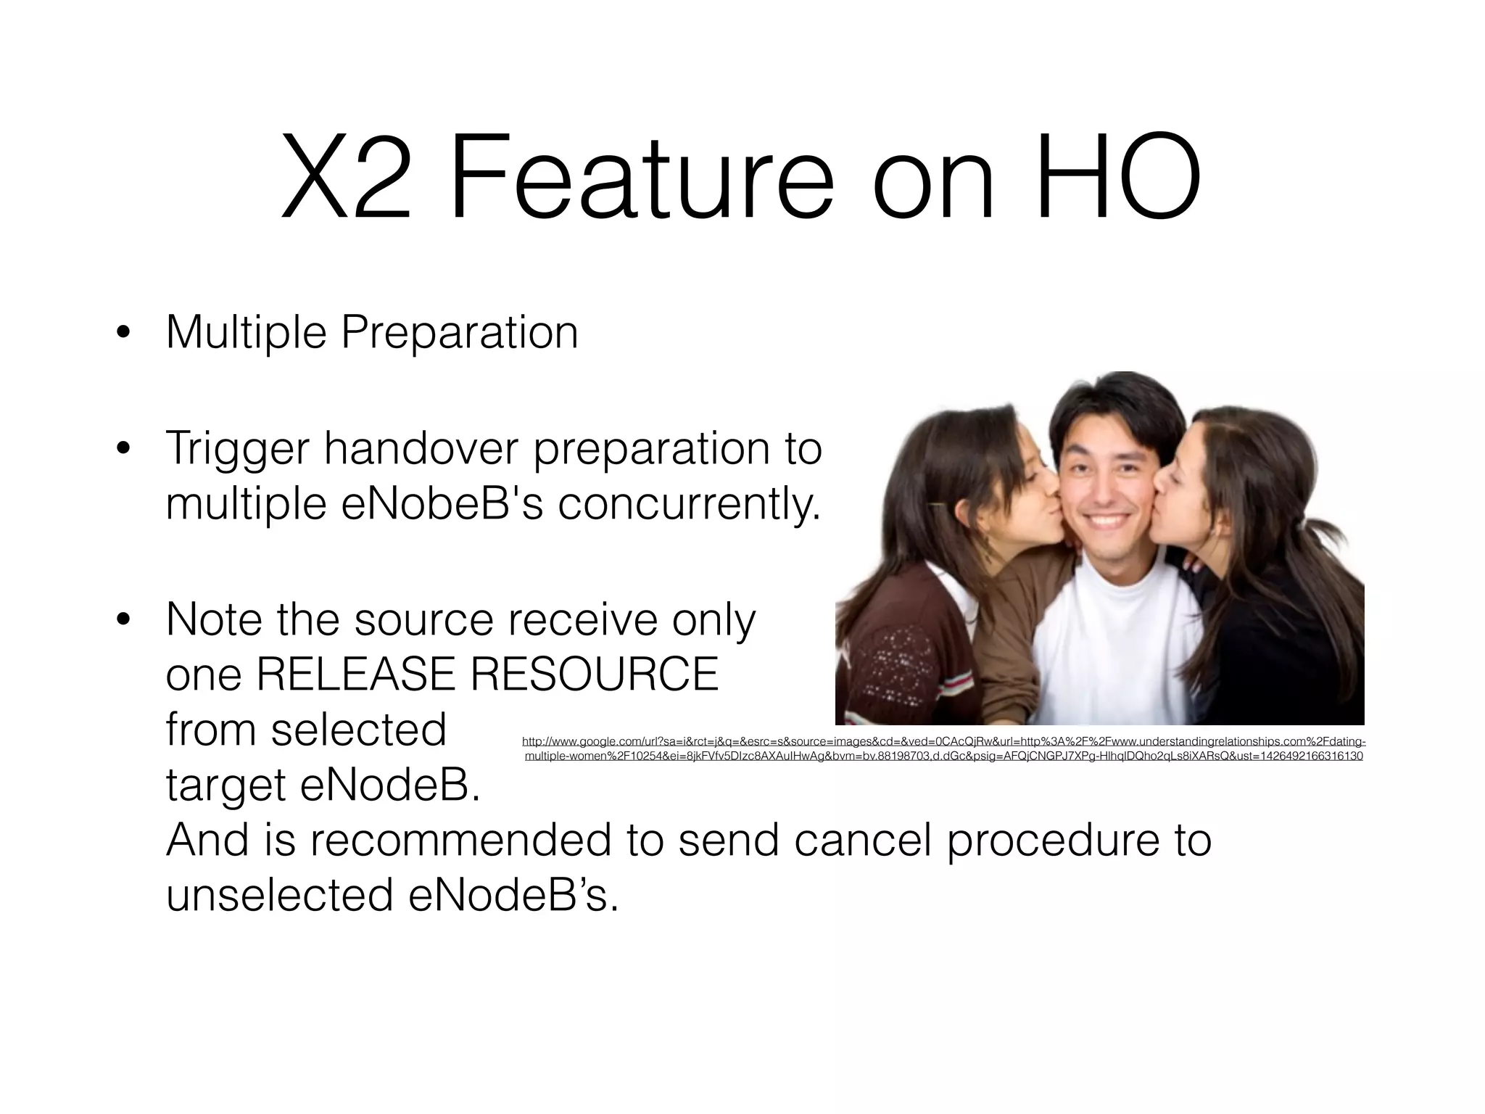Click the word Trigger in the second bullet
[238, 449]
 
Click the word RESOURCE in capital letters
[595, 674]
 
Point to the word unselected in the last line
[279, 895]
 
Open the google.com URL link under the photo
[943, 748]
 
